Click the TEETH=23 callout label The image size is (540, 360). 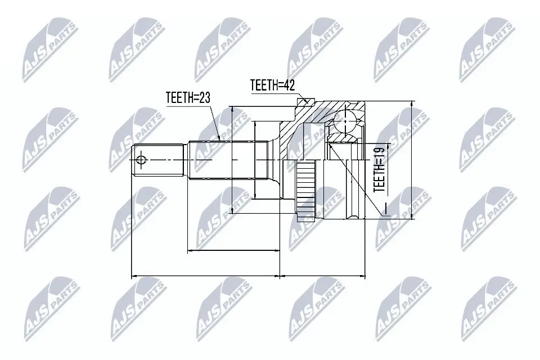coord(188,97)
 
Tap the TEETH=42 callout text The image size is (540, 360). coord(272,85)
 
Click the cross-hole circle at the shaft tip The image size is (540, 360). coord(141,160)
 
